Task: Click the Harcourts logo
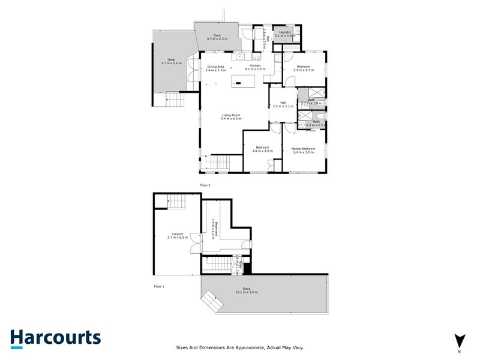tap(55, 338)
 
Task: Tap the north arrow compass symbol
tap(460, 340)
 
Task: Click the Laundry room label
tap(284, 32)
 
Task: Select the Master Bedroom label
tap(303, 148)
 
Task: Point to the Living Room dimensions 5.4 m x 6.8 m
tap(231, 119)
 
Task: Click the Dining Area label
tap(215, 66)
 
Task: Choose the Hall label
tap(283, 103)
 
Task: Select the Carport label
tap(177, 234)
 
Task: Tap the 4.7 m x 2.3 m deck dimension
tap(217, 39)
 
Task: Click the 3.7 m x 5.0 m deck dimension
tap(171, 63)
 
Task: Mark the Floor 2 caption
tap(206, 185)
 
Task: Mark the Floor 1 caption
tap(159, 287)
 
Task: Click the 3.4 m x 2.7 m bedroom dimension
tap(303, 70)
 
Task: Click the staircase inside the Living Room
tap(218, 162)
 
